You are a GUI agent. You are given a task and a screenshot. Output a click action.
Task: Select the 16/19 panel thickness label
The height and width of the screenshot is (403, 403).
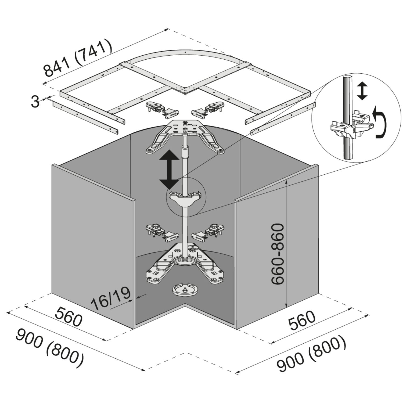pyautogui.click(x=111, y=298)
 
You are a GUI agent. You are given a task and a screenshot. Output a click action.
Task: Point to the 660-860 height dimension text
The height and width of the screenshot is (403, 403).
pyautogui.click(x=278, y=254)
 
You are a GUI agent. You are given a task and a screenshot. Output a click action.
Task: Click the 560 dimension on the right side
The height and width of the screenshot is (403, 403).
pyautogui.click(x=302, y=321)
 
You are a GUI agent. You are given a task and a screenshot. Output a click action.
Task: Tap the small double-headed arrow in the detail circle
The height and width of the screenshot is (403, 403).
pyautogui.click(x=362, y=91)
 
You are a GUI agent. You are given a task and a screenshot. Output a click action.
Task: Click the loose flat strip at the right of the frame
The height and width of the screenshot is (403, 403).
pyautogui.click(x=283, y=118)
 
